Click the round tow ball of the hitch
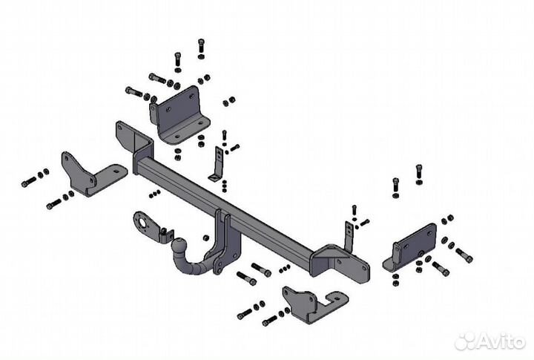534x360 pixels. click(180, 245)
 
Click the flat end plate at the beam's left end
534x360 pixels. click(124, 136)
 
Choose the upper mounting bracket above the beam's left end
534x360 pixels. click(180, 115)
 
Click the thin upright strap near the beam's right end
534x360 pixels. click(348, 235)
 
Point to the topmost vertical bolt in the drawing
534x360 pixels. click(201, 48)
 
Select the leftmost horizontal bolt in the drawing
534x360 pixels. click(27, 183)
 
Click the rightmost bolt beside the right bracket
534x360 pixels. click(464, 256)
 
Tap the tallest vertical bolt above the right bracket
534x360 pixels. click(418, 172)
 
